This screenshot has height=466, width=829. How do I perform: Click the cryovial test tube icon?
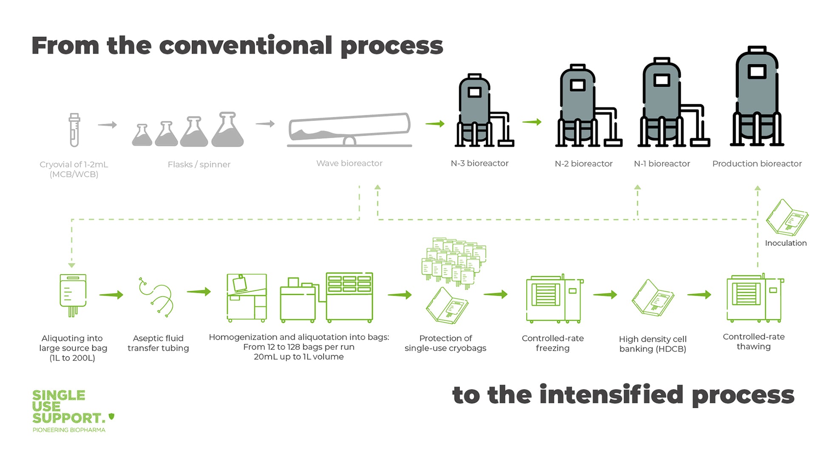(x=74, y=130)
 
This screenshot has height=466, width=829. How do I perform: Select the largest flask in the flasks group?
(x=227, y=131)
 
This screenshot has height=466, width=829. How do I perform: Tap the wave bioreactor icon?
(x=349, y=130)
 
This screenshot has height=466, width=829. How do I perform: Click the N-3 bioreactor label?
(x=480, y=163)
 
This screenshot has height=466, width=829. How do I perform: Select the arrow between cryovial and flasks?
(x=107, y=125)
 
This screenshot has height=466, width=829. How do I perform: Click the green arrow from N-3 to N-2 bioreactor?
(x=532, y=122)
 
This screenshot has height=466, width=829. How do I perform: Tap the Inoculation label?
(x=786, y=243)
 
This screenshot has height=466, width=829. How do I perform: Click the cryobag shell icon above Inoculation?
(x=787, y=218)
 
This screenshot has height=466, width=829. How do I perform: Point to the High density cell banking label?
(x=653, y=344)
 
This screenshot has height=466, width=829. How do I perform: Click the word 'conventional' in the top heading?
(x=245, y=45)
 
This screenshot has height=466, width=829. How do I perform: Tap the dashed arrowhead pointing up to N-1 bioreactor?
(x=637, y=188)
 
